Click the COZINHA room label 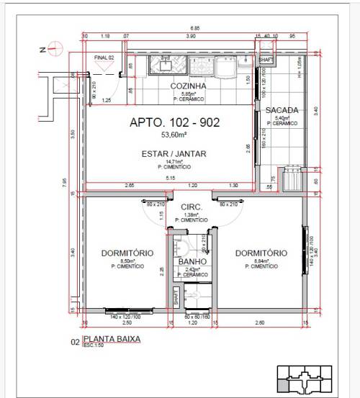(x=188, y=86)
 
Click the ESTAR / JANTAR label (x=174, y=153)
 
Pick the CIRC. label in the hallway (x=192, y=207)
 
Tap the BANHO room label (x=193, y=262)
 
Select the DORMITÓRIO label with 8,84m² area (x=260, y=253)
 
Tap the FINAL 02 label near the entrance (x=105, y=56)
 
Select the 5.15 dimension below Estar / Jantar (x=170, y=178)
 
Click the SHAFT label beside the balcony (x=264, y=60)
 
